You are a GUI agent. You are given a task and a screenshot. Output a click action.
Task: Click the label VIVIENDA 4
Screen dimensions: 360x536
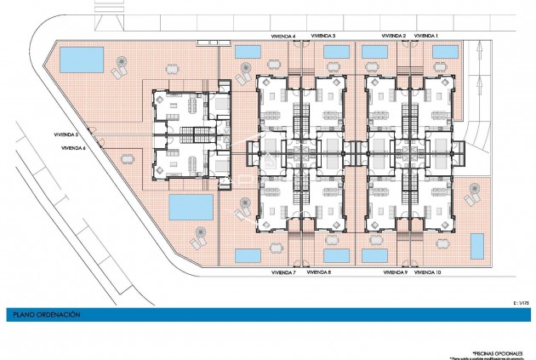[x=282, y=36]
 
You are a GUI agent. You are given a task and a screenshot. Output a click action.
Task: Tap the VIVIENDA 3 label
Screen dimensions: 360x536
[x=323, y=36]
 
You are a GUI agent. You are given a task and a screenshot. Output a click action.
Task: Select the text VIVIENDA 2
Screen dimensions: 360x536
[x=394, y=36]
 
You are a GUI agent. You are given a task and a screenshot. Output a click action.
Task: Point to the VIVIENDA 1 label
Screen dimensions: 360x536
[x=426, y=36]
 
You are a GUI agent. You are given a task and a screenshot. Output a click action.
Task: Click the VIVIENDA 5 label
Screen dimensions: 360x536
[x=65, y=134]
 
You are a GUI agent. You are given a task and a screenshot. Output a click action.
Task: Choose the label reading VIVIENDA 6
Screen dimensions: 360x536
[x=75, y=148]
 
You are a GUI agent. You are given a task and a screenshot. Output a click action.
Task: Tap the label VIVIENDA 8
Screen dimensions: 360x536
[x=318, y=272]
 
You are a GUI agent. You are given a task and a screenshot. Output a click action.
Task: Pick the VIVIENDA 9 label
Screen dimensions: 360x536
[x=394, y=272]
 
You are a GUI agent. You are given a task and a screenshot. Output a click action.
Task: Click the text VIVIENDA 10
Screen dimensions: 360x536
[x=427, y=272]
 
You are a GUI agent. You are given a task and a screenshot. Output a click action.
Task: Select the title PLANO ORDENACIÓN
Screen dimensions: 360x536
[x=47, y=314]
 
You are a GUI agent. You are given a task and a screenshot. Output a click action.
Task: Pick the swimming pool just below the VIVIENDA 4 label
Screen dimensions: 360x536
[x=248, y=52]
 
